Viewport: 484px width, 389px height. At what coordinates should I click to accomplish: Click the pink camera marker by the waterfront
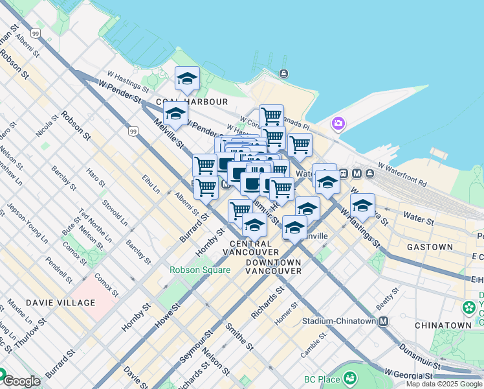click(x=338, y=123)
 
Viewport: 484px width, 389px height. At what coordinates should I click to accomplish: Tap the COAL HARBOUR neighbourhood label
click(x=192, y=102)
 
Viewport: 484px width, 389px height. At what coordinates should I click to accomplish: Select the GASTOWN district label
click(x=430, y=247)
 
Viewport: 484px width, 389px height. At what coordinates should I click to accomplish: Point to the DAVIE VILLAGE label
click(x=60, y=303)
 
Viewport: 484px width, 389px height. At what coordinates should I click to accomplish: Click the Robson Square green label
click(x=200, y=270)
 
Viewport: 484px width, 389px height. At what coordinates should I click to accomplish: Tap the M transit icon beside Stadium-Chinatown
click(x=384, y=321)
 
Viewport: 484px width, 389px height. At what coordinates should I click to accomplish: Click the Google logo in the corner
click(x=21, y=381)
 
